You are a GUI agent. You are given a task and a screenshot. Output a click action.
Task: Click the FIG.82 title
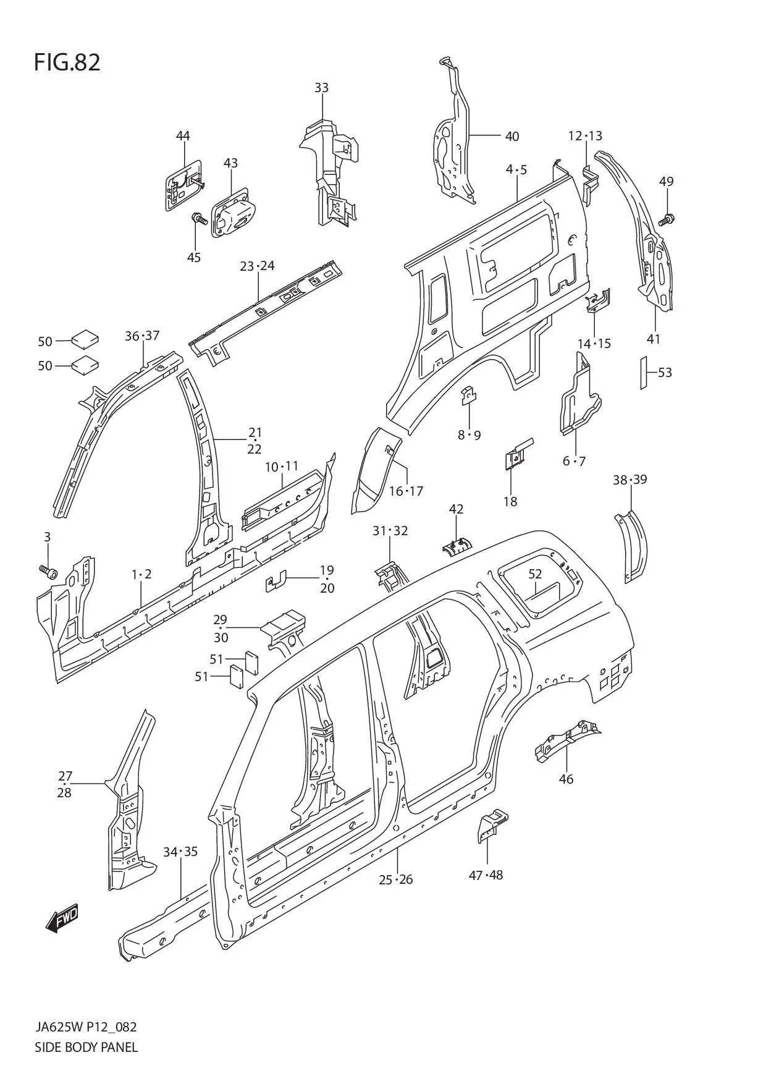coord(67,62)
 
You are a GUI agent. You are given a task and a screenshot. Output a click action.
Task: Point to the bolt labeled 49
coord(667,219)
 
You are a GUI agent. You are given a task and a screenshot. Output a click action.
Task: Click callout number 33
coord(321,88)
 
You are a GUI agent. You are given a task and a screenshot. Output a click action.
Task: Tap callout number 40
coord(512,136)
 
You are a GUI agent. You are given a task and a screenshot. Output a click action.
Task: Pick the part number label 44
coord(183,136)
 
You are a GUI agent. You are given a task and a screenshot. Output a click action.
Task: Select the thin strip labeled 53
coord(643,373)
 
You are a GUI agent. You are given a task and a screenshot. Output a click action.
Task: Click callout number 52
coord(535,574)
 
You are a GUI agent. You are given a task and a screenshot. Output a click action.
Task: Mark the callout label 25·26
coord(396,879)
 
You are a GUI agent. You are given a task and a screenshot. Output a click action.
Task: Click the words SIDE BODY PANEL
coord(86,1047)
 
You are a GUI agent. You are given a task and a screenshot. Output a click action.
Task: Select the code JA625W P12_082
coord(86,1027)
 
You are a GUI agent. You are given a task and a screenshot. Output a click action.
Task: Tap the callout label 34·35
coord(180,852)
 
